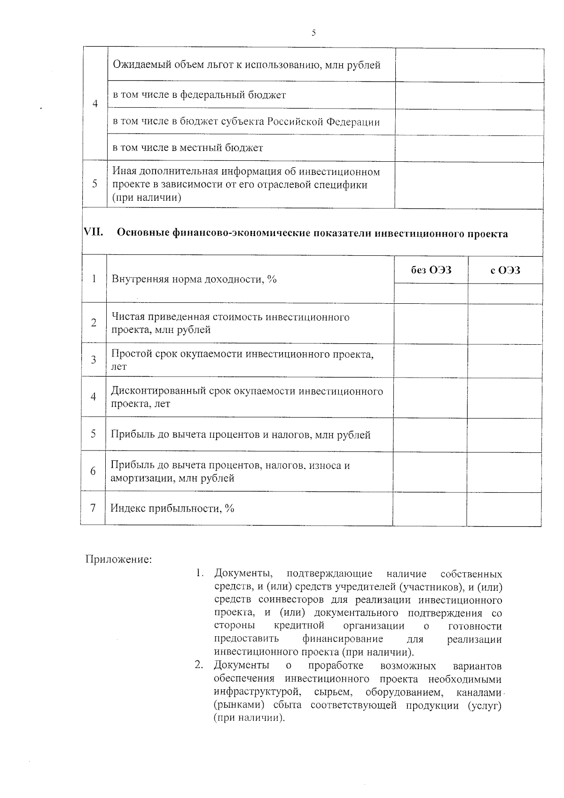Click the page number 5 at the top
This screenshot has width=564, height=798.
pyautogui.click(x=313, y=33)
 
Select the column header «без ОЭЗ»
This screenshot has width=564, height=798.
pyautogui.click(x=431, y=270)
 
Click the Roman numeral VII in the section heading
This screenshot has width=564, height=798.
pyautogui.click(x=93, y=232)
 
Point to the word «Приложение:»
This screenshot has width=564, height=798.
pyautogui.click(x=118, y=560)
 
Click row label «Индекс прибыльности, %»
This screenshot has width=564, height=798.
pyautogui.click(x=172, y=508)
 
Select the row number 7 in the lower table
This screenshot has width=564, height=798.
pyautogui.click(x=93, y=508)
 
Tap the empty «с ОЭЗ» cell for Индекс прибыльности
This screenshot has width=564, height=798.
pyautogui.click(x=504, y=509)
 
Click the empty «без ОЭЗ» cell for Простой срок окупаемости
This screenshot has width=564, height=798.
pyautogui.click(x=431, y=360)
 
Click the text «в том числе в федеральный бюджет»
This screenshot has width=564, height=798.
pyautogui.click(x=199, y=95)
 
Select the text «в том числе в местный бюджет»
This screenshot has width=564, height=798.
pyautogui.click(x=188, y=148)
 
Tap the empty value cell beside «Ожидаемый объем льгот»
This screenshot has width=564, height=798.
pyautogui.click(x=469, y=65)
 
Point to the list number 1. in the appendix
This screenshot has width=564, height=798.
pyautogui.click(x=199, y=574)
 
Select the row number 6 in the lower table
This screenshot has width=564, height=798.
pyautogui.click(x=93, y=471)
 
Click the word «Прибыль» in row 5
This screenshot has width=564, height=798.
pyautogui.click(x=129, y=435)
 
